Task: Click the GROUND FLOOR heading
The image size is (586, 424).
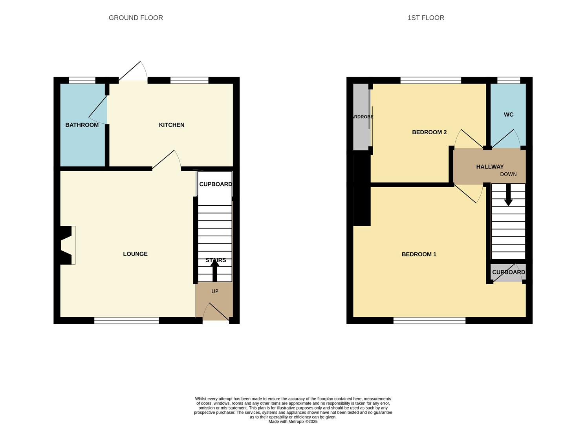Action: click(136, 18)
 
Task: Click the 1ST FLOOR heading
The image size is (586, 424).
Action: click(426, 18)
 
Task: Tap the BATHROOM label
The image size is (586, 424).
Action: click(82, 125)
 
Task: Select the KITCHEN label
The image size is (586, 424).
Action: click(171, 125)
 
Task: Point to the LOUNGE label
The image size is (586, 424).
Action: click(135, 254)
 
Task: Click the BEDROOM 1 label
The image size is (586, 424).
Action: click(419, 254)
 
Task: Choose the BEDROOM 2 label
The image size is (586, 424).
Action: click(429, 132)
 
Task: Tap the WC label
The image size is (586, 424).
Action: click(508, 115)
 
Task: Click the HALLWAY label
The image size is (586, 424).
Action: click(489, 167)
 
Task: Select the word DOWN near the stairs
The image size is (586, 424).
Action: click(508, 174)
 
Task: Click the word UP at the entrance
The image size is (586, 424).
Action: click(214, 291)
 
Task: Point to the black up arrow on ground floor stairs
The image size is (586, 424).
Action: click(215, 270)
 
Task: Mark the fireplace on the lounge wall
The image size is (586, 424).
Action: click(67, 245)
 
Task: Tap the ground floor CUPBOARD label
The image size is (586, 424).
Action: click(215, 184)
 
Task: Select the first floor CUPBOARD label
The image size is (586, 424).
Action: click(508, 272)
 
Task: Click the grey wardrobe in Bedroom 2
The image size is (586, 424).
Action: click(361, 117)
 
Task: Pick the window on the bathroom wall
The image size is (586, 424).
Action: click(82, 80)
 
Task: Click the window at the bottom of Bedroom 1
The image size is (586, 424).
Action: click(429, 321)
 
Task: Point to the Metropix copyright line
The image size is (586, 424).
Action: click(293, 422)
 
